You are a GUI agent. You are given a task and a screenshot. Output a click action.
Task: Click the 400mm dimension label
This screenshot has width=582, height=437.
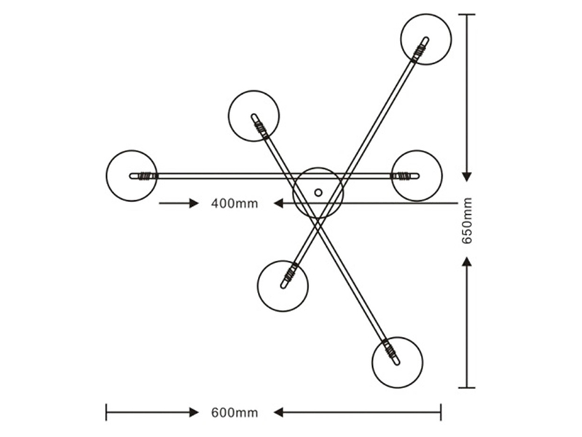[x=235, y=203]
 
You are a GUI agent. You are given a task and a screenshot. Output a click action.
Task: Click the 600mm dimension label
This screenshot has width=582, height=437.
[x=235, y=412]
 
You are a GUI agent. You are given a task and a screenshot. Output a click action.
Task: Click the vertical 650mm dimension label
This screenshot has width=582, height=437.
[x=467, y=221]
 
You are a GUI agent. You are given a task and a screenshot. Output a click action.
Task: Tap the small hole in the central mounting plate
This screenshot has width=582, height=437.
[x=318, y=192]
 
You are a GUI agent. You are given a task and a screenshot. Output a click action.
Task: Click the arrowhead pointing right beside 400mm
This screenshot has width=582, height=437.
[x=194, y=203]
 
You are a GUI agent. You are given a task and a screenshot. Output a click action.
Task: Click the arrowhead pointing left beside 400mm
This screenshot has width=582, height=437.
[x=278, y=203]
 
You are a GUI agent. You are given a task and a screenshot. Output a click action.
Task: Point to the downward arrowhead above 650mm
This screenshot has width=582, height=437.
[x=467, y=177]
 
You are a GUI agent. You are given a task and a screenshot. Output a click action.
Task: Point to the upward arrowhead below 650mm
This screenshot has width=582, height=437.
[x=467, y=261]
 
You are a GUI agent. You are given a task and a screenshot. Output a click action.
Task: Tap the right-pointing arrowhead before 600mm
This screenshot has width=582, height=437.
[x=194, y=412]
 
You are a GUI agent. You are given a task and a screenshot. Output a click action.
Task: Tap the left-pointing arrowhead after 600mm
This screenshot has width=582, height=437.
[x=278, y=412]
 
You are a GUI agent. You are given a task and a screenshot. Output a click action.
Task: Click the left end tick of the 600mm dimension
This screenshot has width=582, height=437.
[x=106, y=412]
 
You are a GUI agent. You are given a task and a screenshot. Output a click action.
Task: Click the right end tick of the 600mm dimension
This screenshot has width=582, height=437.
[x=441, y=412]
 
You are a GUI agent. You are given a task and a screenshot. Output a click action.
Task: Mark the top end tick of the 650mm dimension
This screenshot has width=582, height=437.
[x=467, y=15]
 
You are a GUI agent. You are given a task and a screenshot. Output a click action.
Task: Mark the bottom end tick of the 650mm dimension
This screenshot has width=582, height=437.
[x=467, y=387]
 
